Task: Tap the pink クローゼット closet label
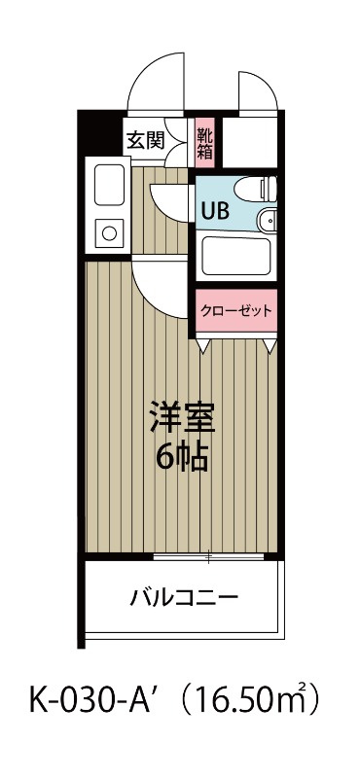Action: (235, 311)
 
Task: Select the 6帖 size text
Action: (180, 457)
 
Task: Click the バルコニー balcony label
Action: (184, 596)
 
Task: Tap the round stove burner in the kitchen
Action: (106, 232)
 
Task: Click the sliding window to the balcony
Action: (209, 557)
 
